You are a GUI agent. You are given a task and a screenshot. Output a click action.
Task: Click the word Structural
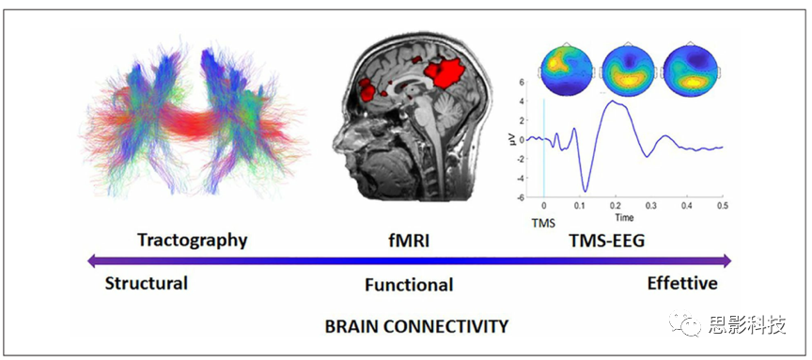(x=147, y=283)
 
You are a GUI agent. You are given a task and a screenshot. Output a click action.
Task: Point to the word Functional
(x=408, y=285)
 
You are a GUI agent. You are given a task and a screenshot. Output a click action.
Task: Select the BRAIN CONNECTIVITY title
(x=416, y=326)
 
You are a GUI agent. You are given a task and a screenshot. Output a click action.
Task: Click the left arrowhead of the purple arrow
(x=91, y=261)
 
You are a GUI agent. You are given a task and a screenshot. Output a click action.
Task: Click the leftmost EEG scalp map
(x=565, y=67)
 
